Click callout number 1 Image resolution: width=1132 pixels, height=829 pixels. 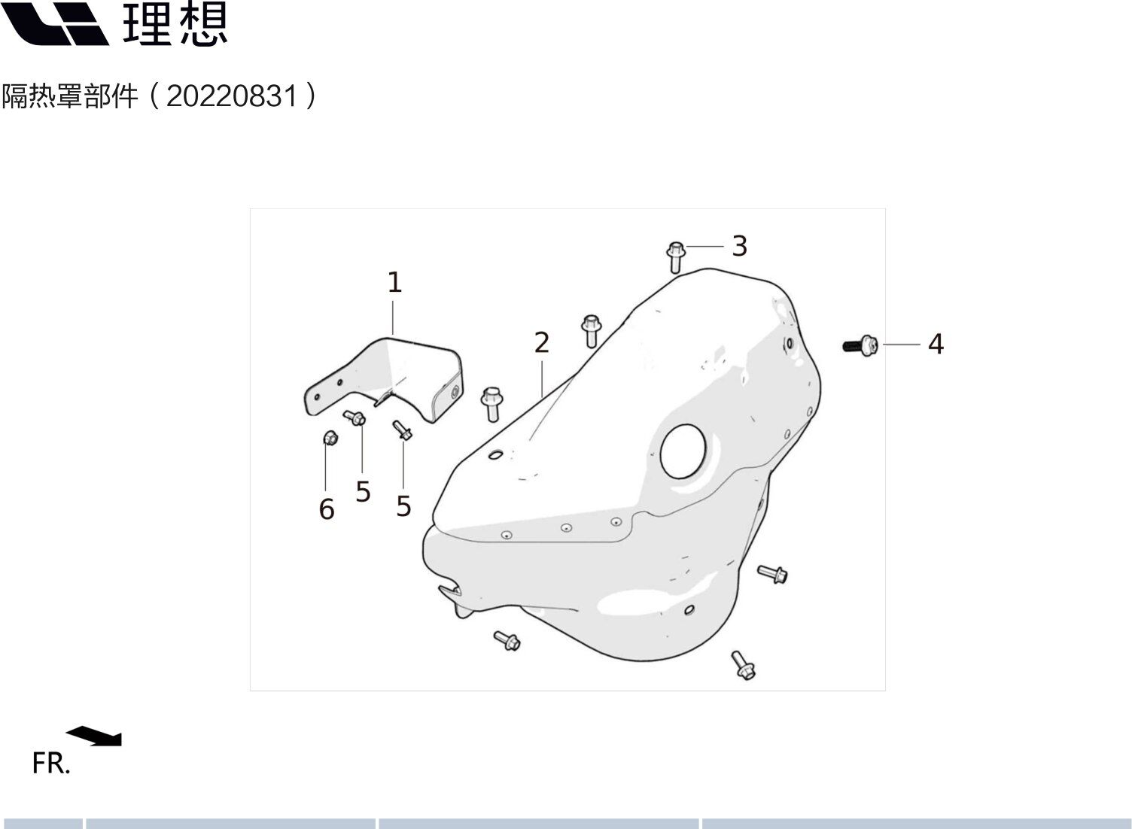(x=394, y=283)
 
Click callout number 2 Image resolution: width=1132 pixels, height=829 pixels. (x=541, y=343)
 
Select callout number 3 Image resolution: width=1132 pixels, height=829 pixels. (x=739, y=246)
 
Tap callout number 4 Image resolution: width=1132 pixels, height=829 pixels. (x=935, y=344)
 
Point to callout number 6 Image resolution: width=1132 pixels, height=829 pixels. (x=326, y=509)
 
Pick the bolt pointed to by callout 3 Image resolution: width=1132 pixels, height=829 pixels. (x=675, y=257)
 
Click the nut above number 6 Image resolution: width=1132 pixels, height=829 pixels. (x=329, y=437)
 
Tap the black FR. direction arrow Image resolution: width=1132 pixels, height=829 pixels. (x=95, y=735)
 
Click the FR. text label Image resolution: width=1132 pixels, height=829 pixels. (x=51, y=764)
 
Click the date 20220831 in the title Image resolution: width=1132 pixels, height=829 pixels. (x=232, y=97)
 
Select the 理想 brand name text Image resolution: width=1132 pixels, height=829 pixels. (x=175, y=24)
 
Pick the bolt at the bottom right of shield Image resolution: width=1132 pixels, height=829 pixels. (x=743, y=665)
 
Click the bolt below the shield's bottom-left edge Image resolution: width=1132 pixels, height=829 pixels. (x=507, y=641)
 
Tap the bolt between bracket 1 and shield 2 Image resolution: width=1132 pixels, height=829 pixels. (x=491, y=403)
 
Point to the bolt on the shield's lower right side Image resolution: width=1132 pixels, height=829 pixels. (x=772, y=575)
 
